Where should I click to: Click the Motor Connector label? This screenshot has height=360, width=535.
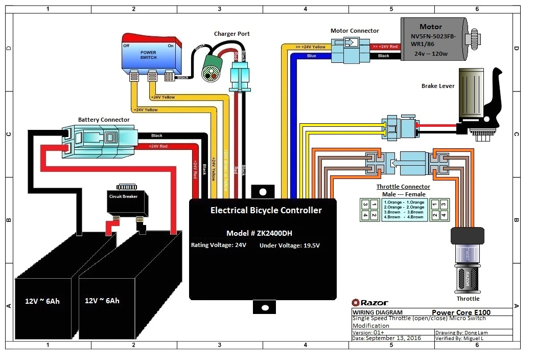(355, 31)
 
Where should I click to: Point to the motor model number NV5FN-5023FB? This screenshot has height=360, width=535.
(431, 37)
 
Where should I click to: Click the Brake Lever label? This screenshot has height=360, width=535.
(438, 86)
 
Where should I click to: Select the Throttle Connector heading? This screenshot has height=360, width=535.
(403, 187)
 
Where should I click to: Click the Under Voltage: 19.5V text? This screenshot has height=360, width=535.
(290, 245)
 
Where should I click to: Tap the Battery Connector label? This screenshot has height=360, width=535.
(104, 120)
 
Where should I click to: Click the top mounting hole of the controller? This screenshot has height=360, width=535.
(263, 192)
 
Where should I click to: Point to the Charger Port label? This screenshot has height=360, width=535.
(231, 34)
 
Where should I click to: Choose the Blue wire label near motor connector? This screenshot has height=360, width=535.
(311, 56)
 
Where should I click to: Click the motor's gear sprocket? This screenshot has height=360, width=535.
(475, 38)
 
